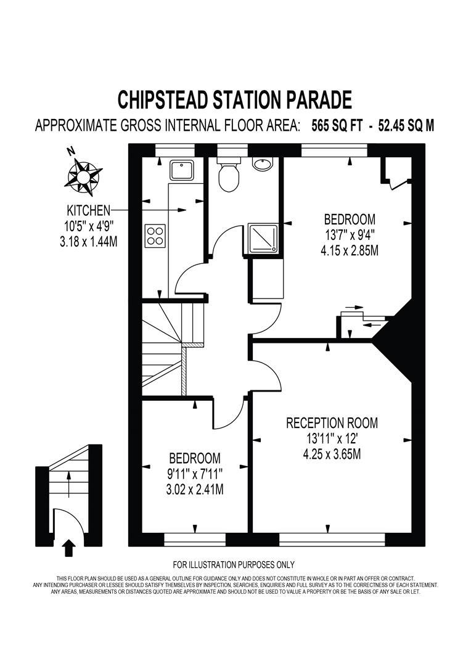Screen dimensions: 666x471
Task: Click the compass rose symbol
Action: coord(81,173)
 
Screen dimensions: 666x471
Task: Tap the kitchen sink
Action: coord(182,169)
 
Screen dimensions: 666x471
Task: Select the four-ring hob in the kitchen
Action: coord(155,236)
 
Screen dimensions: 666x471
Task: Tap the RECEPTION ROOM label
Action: coord(332,423)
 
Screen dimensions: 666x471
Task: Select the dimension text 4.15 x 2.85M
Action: coord(350,251)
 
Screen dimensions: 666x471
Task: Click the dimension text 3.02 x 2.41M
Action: coord(195,490)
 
